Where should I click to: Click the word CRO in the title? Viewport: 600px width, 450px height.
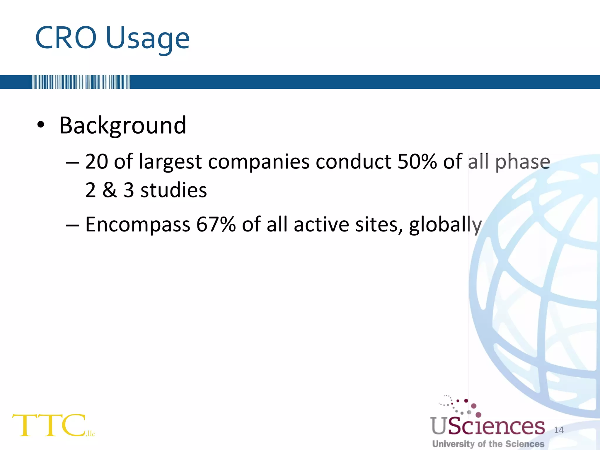coord(66,38)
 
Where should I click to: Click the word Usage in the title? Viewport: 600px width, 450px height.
coord(148,40)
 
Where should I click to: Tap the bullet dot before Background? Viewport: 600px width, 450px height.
coord(41,125)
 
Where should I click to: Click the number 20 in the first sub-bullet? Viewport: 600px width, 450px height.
coord(97,162)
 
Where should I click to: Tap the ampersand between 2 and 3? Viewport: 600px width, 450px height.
coord(110,190)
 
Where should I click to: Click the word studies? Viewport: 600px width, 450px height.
coord(174,190)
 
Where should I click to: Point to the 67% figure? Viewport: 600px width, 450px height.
coord(216,224)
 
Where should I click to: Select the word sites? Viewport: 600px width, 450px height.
coord(379,224)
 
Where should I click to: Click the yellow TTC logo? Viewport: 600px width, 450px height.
coord(50,425)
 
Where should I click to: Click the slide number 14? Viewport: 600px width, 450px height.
coord(559,430)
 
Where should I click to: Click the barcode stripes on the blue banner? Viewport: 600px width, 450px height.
coord(81,82)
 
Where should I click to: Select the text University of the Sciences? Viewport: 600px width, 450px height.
coord(488,444)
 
